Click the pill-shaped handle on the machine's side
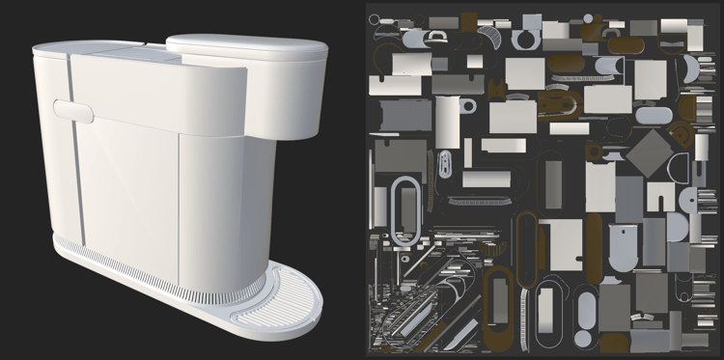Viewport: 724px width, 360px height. coord(73,110)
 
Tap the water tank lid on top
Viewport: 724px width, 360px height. coord(247,47)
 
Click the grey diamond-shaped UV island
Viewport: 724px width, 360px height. coord(652,152)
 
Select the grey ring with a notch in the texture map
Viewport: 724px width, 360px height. coord(527,38)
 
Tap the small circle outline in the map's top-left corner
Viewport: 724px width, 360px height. coord(375,19)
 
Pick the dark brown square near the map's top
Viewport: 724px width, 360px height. coord(469,21)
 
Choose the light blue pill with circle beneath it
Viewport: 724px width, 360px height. coord(587,314)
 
